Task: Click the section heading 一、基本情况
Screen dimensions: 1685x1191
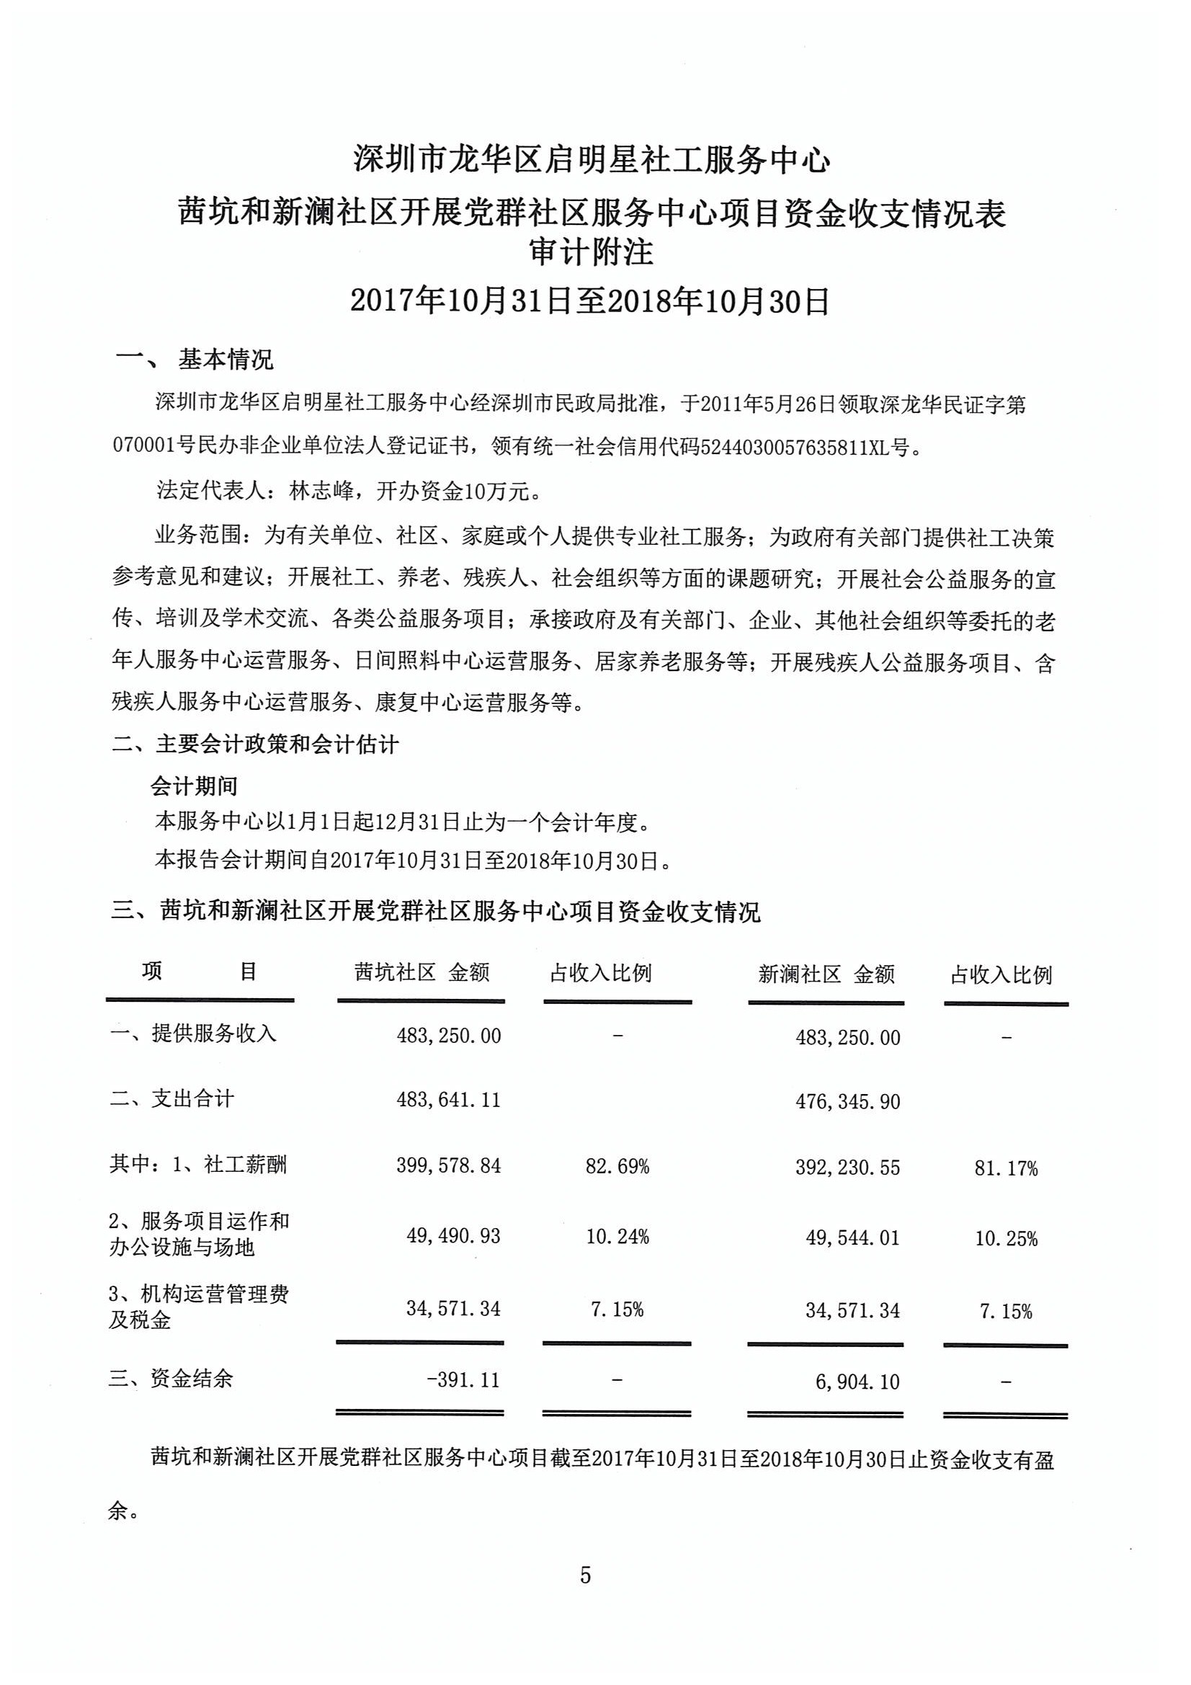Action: pos(195,360)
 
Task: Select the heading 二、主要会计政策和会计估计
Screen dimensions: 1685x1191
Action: pos(254,745)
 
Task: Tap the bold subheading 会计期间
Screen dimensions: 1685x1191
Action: pos(194,786)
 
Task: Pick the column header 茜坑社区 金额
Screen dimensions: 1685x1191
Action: pos(421,973)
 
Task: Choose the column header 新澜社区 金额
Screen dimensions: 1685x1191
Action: pos(826,974)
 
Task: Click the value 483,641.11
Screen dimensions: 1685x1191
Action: pos(448,1099)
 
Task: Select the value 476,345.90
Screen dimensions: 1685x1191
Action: pos(847,1101)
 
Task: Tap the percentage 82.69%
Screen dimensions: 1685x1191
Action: pos(617,1166)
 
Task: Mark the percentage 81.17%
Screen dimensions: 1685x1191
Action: pos(1005,1168)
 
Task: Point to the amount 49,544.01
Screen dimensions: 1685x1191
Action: pos(852,1238)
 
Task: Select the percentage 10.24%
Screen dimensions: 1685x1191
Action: pos(617,1237)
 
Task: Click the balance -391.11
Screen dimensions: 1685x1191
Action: pos(463,1379)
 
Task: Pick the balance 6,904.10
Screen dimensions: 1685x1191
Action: pos(857,1382)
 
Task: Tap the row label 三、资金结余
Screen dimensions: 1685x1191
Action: pos(171,1378)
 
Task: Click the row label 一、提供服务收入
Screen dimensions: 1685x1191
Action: pos(193,1033)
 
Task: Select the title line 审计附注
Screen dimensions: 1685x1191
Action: pos(592,252)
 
